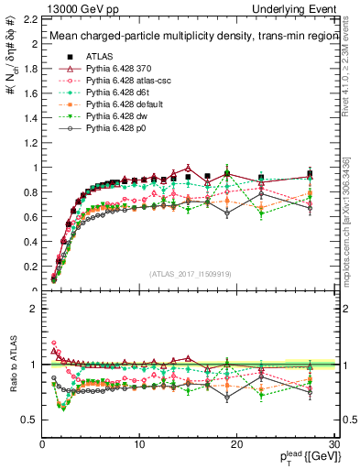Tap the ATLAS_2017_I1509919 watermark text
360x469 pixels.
click(x=189, y=272)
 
